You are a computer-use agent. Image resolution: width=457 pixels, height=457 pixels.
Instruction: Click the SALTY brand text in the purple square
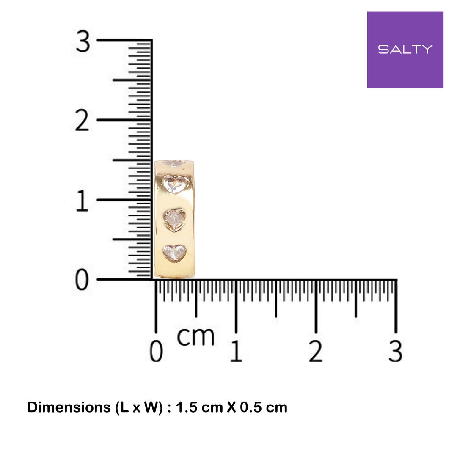point(405,49)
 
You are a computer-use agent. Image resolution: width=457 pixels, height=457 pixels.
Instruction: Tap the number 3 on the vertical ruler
point(83,41)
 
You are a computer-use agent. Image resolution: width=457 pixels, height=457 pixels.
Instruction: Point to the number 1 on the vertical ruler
point(82,201)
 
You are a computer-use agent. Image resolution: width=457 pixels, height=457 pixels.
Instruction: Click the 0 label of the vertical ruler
point(82,280)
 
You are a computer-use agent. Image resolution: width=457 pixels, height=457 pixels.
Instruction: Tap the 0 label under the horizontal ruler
point(156,351)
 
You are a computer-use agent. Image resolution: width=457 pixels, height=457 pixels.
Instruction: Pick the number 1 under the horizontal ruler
point(236,351)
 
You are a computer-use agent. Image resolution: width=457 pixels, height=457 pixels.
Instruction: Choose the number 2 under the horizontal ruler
point(316,351)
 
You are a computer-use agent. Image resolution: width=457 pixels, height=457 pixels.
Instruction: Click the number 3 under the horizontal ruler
point(396,351)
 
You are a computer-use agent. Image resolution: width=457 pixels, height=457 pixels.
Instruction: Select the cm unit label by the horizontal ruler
point(195,337)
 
